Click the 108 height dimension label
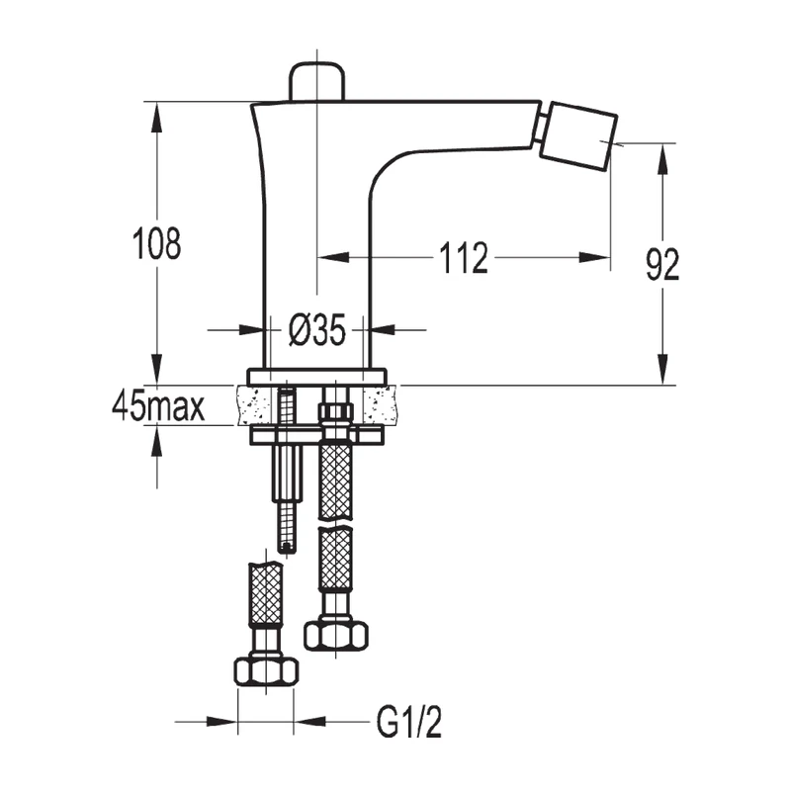(157, 242)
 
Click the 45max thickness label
(158, 406)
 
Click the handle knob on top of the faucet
(315, 80)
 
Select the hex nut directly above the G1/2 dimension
(266, 671)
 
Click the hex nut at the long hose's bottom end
(335, 633)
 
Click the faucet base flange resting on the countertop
(316, 377)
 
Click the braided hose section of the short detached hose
(265, 594)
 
